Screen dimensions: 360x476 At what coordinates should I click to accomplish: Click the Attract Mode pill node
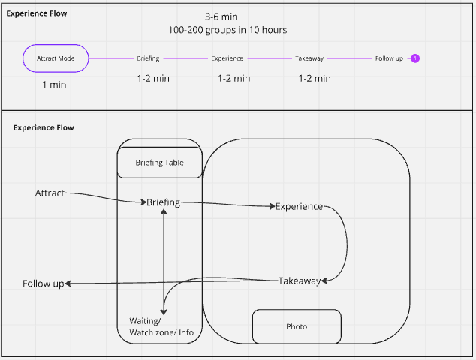56,58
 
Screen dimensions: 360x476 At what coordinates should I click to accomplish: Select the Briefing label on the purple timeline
148,58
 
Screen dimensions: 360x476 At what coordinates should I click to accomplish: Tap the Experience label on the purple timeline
227,58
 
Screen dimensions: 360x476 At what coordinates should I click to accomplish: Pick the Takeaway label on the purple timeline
309,58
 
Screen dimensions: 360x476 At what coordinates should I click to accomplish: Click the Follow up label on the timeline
389,58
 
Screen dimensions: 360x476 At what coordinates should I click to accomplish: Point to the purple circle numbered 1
415,58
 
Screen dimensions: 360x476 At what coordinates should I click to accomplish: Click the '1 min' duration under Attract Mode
54,85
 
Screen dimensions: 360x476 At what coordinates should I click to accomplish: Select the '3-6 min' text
223,16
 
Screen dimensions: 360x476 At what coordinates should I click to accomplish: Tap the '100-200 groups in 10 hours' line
227,30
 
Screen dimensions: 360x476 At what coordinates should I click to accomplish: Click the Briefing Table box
159,163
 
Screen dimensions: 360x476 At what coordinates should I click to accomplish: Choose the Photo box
297,326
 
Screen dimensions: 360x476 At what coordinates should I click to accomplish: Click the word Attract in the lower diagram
50,193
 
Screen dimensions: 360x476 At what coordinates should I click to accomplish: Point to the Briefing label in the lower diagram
163,202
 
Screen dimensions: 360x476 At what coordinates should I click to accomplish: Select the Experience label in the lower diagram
299,206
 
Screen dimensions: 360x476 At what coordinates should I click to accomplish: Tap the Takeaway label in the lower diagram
299,281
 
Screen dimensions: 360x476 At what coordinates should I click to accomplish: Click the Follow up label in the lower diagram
43,283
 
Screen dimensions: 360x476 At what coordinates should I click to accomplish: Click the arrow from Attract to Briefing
105,197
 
